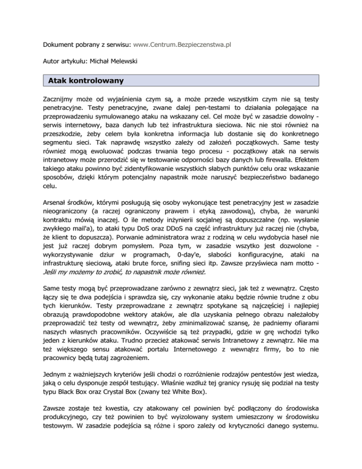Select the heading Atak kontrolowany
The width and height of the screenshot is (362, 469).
click(x=86, y=81)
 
